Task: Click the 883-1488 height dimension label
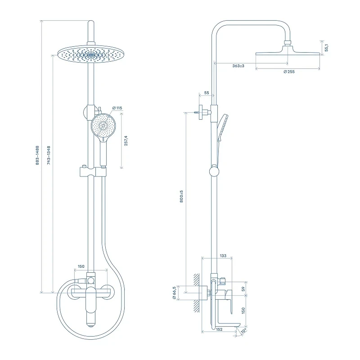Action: coord(37,155)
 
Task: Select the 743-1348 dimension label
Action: coord(49,155)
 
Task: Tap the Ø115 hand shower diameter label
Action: coord(117,108)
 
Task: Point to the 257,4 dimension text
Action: coord(126,141)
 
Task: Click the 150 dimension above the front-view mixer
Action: coord(81,266)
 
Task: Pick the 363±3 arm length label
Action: coord(238,66)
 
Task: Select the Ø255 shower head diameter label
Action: coord(289,72)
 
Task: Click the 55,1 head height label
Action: coord(327,48)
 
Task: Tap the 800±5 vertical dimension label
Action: coord(181,196)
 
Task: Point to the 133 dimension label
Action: coord(223,256)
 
